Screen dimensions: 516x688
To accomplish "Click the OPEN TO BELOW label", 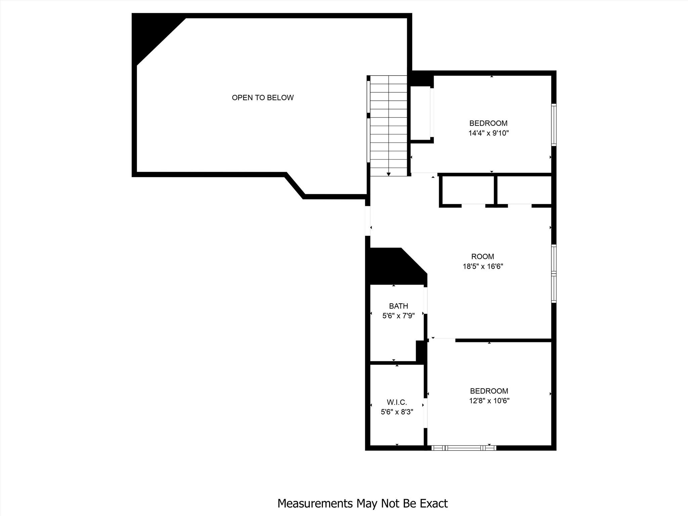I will click(263, 98).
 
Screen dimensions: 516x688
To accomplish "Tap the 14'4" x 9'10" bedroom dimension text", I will click(488, 133).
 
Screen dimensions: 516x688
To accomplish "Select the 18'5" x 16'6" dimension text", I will click(483, 266).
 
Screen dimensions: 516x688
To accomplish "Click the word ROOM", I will click(483, 257).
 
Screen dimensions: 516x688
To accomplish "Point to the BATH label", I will click(398, 306).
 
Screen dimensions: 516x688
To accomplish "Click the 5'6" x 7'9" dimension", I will click(398, 316).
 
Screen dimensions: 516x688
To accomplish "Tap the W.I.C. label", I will click(397, 402).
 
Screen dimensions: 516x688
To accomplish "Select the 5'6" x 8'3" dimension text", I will click(397, 412).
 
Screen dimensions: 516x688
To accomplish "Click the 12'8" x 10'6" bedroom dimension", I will click(489, 401).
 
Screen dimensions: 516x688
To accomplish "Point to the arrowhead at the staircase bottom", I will click(389, 174).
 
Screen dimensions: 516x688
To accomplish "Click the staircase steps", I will click(389, 124).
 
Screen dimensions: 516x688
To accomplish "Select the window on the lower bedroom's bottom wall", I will click(464, 447).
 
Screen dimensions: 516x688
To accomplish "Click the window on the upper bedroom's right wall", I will click(554, 125).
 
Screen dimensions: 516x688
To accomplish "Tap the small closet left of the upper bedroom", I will click(420, 113).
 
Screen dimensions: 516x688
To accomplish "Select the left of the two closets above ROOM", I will click(468, 190).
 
